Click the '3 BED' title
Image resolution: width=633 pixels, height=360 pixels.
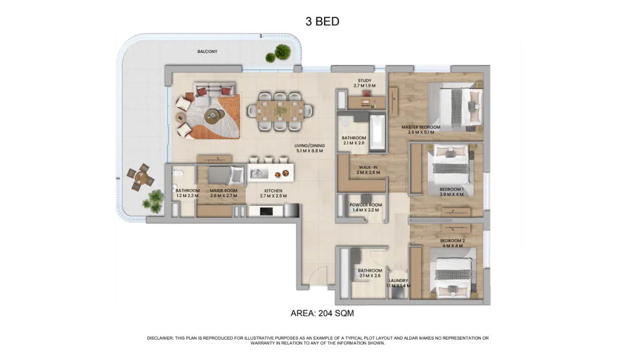(322, 21)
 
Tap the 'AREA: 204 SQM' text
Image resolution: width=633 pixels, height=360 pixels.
(322, 313)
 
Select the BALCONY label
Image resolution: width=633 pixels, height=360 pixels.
(207, 52)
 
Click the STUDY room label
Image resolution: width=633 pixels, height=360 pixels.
(365, 81)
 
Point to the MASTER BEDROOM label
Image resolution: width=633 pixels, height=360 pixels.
(421, 127)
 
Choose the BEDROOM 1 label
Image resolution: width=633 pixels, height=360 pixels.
(452, 189)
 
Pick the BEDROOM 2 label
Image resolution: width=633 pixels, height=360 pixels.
(453, 241)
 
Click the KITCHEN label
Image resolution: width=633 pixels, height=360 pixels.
(273, 190)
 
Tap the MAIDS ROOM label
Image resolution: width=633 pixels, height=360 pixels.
(224, 190)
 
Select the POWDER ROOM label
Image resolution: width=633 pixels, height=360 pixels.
(366, 205)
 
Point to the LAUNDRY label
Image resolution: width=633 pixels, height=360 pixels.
(399, 281)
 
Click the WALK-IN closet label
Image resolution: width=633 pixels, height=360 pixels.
(368, 167)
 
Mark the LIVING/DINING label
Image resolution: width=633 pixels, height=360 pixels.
(310, 146)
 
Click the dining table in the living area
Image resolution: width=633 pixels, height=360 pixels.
(280, 110)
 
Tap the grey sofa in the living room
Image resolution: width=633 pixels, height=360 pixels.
(214, 90)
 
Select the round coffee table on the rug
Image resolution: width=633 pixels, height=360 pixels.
(212, 116)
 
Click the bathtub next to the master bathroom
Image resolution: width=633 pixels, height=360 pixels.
(378, 133)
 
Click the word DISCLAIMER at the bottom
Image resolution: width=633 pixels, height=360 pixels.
(160, 338)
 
